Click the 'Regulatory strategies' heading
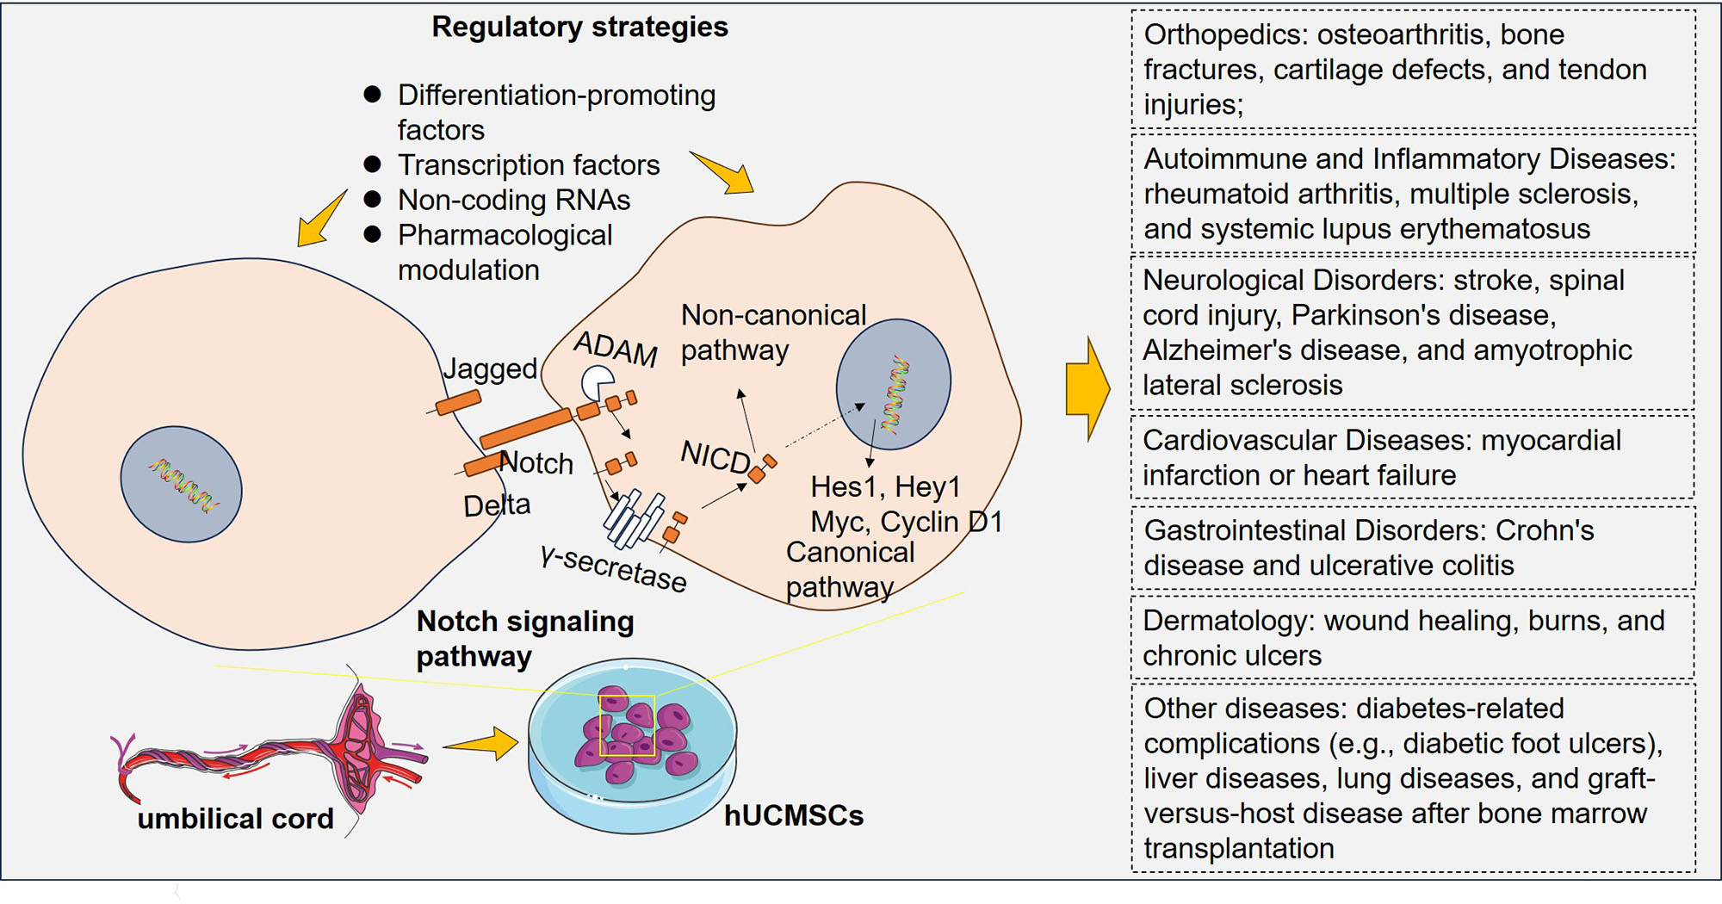point(579,28)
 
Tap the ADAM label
point(616,349)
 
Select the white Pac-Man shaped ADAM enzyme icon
point(598,382)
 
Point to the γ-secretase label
point(614,569)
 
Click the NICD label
point(715,456)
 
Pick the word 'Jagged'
point(490,368)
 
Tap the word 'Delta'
point(497,505)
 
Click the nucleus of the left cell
point(181,485)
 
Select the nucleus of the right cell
point(894,383)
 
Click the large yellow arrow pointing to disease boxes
point(1087,388)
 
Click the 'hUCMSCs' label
point(793,815)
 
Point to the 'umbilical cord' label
point(235,818)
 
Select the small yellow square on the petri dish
point(627,725)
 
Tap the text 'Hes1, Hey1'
point(885,487)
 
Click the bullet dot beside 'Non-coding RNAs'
point(373,199)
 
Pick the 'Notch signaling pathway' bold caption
point(524,639)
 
